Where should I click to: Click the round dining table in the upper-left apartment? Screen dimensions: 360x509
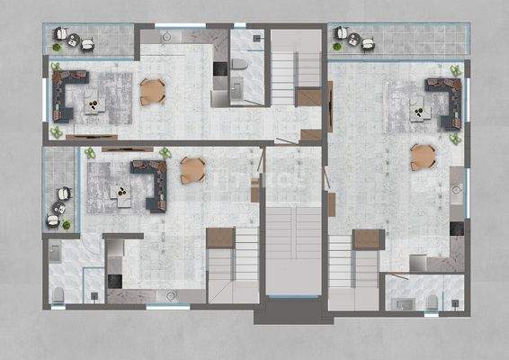click(x=153, y=91)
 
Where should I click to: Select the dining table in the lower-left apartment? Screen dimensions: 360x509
click(x=192, y=169)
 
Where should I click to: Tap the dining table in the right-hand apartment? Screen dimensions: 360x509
click(x=423, y=157)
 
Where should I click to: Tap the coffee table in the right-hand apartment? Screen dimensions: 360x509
click(x=418, y=112)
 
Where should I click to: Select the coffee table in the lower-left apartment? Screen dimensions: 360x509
click(x=117, y=190)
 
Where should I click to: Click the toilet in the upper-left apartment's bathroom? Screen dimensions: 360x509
click(x=239, y=63)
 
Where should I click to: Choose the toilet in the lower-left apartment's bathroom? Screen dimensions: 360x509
click(x=58, y=292)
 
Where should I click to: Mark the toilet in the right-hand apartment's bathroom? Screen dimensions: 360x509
click(x=432, y=301)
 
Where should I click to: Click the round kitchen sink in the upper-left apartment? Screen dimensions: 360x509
click(x=167, y=39)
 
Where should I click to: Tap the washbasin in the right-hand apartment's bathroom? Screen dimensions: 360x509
click(x=402, y=301)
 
